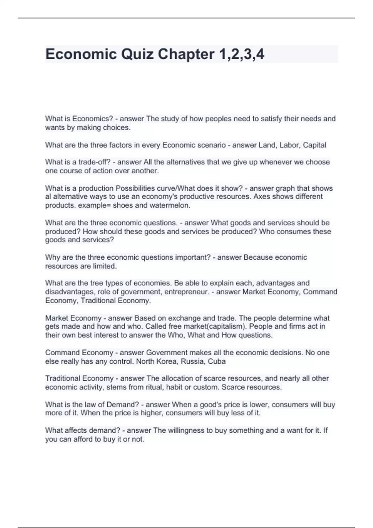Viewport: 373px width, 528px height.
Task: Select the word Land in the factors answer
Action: (x=267, y=145)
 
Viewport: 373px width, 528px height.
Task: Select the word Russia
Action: (x=192, y=361)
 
